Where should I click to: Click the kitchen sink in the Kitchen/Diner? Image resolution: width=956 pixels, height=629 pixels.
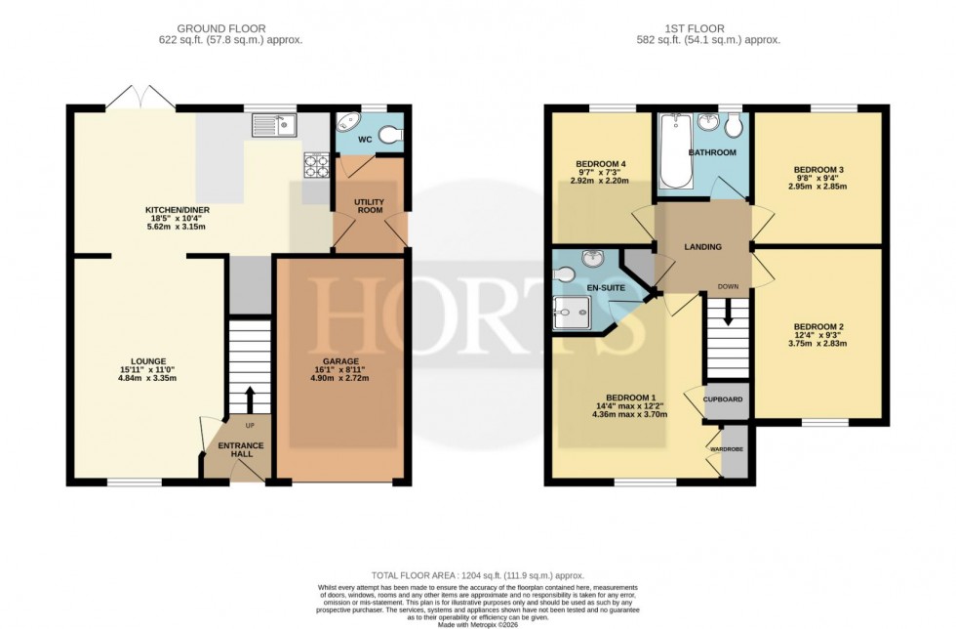274,125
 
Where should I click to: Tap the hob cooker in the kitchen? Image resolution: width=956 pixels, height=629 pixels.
316,165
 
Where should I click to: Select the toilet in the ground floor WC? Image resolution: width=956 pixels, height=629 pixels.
389,136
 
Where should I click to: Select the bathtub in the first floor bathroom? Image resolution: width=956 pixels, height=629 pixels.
675,151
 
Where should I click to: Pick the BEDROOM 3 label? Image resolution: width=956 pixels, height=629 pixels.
817,170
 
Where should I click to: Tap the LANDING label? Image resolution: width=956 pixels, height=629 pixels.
701,247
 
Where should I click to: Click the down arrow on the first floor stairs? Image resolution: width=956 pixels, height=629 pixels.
728,316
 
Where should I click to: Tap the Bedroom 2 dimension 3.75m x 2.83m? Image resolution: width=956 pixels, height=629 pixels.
817,343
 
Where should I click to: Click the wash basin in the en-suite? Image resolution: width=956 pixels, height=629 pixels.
591,259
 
